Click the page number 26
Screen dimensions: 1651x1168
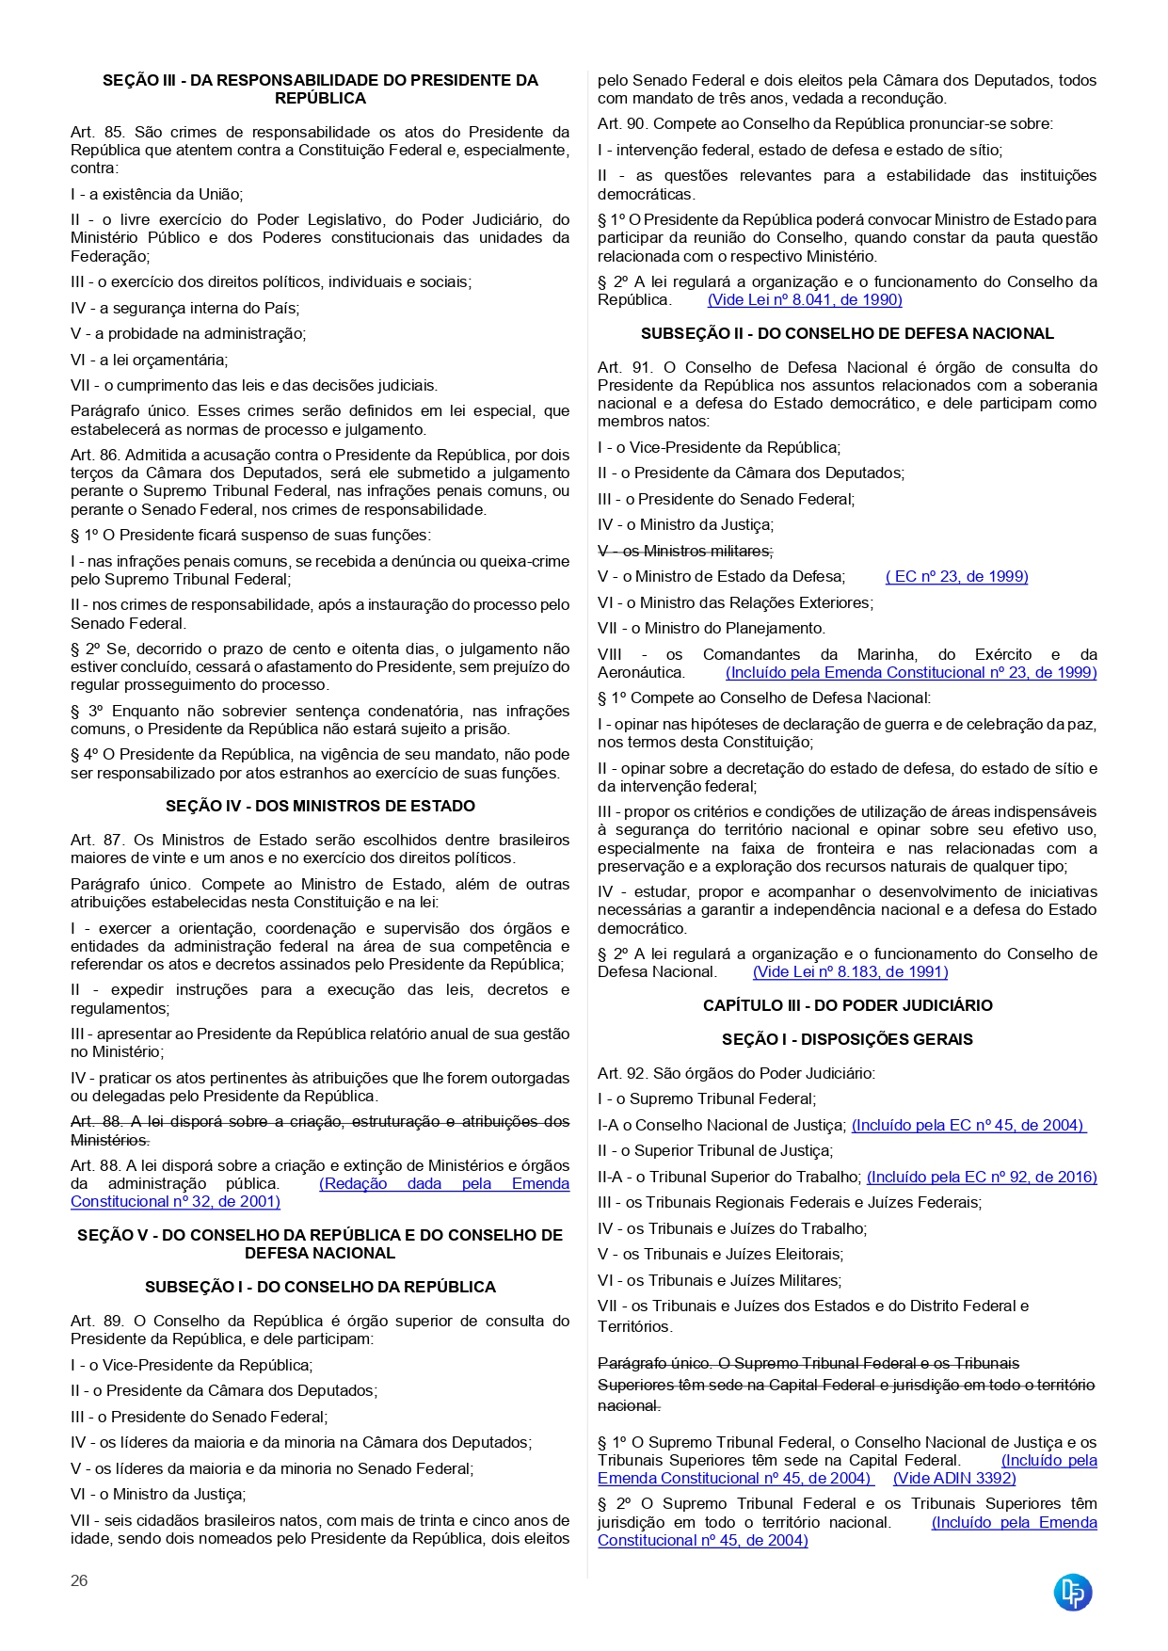[79, 1580]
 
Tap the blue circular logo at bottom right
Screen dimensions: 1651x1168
[1072, 1592]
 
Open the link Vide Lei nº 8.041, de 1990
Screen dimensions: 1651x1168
[805, 299]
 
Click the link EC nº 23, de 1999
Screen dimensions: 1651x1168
[957, 576]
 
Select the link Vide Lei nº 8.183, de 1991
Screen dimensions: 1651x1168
[851, 971]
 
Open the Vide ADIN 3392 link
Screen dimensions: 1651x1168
[954, 1478]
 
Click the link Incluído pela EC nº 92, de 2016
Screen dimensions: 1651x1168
[982, 1177]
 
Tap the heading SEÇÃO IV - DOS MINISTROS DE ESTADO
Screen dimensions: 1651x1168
[320, 806]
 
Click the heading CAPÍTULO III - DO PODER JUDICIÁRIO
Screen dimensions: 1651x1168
[847, 1005]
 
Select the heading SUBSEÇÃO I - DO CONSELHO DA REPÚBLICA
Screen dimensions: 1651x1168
[320, 1287]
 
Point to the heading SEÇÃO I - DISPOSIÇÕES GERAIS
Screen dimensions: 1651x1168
[847, 1039]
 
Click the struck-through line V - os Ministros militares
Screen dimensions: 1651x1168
[685, 551]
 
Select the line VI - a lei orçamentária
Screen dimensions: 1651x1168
[149, 360]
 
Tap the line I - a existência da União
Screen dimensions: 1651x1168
[156, 194]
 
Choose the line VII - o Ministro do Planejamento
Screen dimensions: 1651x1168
[712, 628]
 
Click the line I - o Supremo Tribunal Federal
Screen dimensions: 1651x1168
[707, 1098]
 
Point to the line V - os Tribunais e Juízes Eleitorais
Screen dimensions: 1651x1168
[720, 1254]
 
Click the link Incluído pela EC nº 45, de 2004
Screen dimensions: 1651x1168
[968, 1125]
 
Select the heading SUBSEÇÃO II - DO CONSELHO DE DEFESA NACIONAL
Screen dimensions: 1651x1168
[847, 333]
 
